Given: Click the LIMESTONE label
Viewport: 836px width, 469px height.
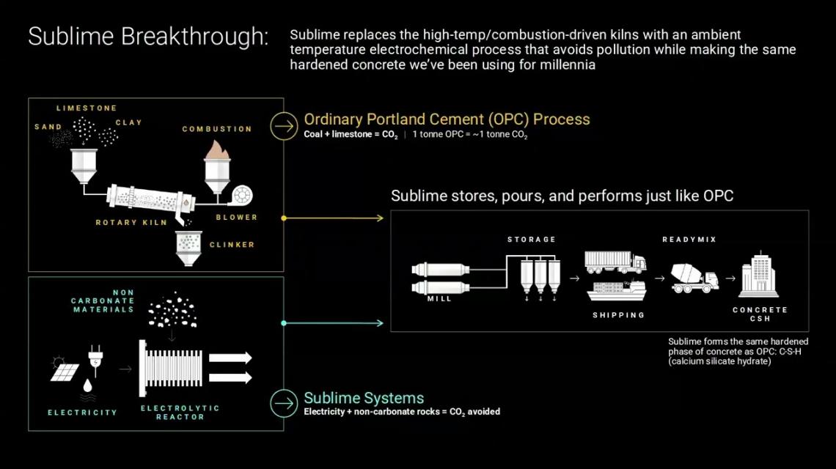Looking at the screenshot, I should coord(87,108).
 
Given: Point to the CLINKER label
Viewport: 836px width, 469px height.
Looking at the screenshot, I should coord(232,245).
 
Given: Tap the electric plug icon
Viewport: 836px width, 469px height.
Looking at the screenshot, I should coord(95,358).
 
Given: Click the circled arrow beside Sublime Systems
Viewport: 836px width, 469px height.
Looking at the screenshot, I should coord(282,403).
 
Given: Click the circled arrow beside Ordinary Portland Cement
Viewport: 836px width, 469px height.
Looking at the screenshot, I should coord(282,125).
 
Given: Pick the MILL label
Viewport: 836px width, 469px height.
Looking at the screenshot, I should coord(439,299).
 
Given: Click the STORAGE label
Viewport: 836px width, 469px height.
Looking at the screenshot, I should coord(532,240).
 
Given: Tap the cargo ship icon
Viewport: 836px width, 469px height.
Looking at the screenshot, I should coord(616,290).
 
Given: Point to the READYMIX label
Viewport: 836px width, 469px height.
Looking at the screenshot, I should coord(689,240).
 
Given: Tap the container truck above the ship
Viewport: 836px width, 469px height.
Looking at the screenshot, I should coord(615,262).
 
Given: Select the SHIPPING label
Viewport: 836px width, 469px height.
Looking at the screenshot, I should coord(619,315).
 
